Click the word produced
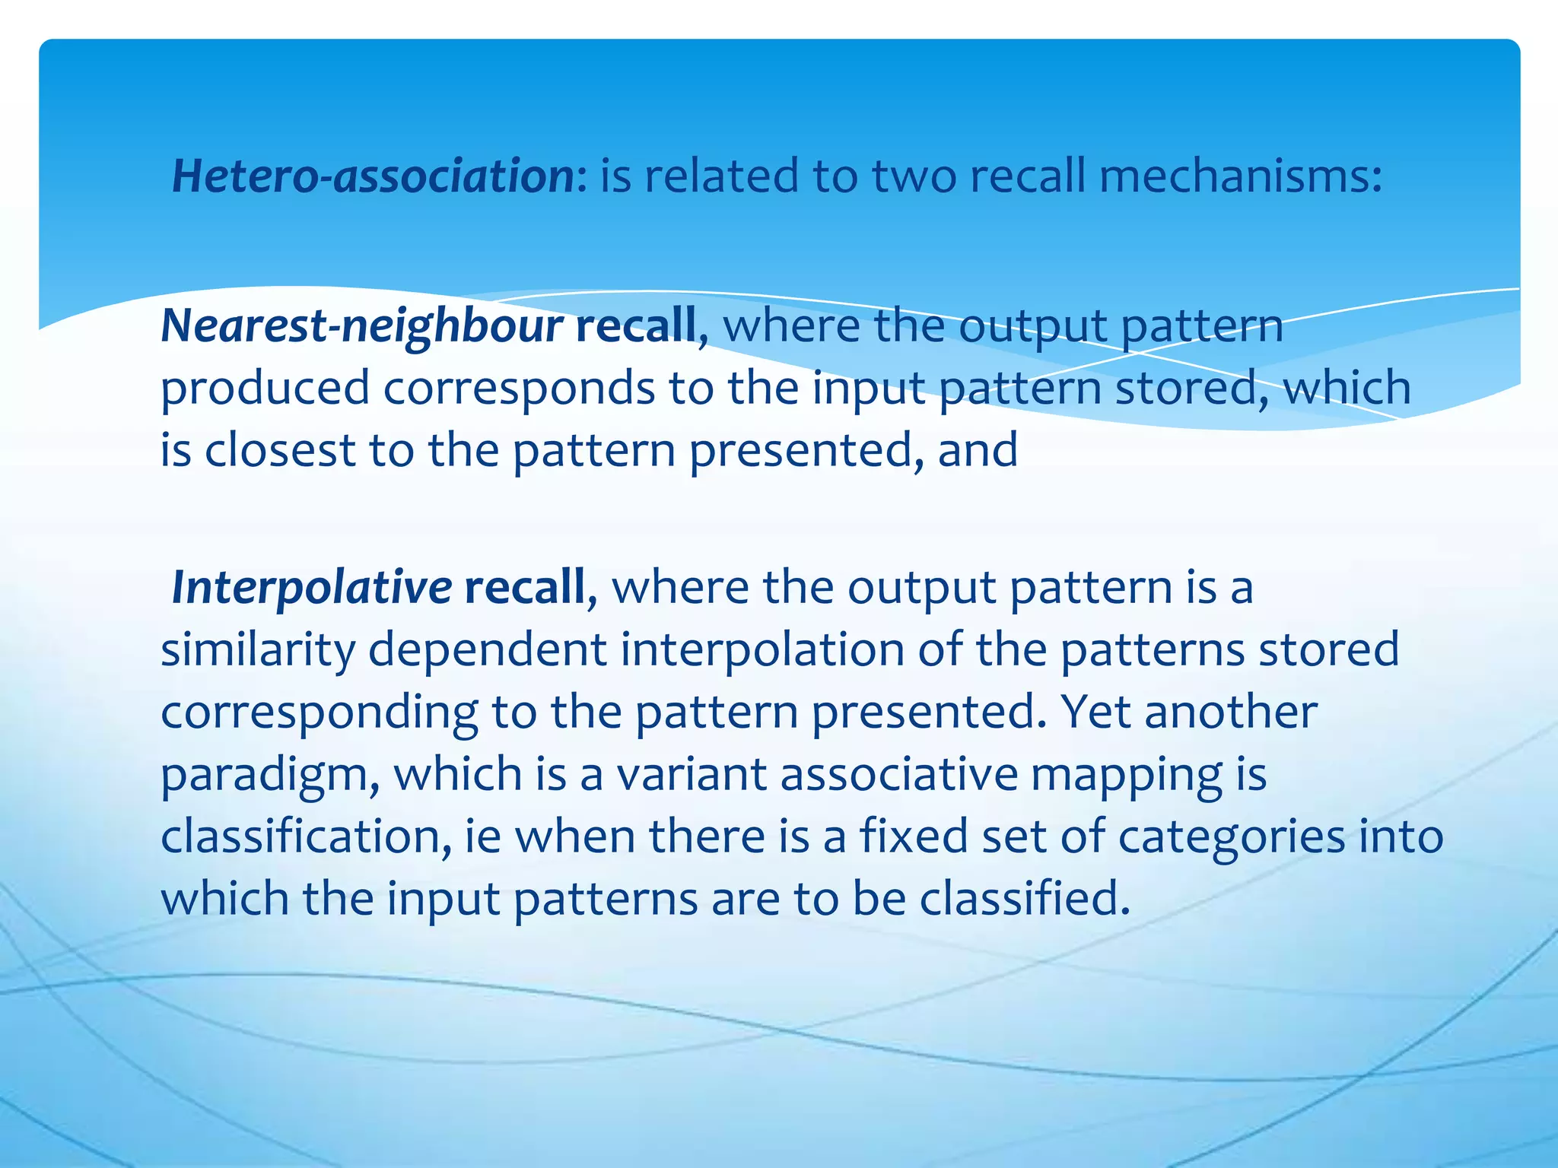(x=265, y=389)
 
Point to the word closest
(x=279, y=450)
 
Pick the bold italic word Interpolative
(x=312, y=588)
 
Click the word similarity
(x=258, y=650)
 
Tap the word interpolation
(x=762, y=650)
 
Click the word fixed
(x=914, y=837)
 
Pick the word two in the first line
(x=913, y=176)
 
